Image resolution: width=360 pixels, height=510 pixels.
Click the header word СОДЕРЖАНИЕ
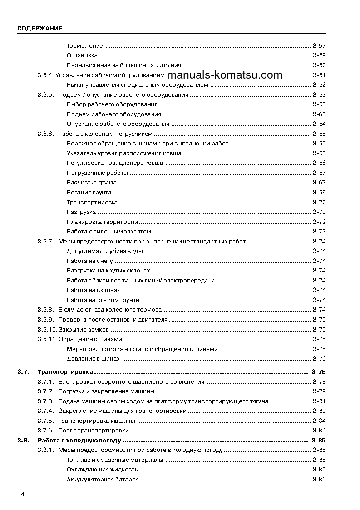pos(40,28)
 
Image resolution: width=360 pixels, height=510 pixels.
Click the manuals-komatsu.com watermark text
pos(225,75)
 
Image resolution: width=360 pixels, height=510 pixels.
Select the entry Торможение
pos(85,46)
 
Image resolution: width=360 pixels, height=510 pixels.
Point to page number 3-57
pos(319,46)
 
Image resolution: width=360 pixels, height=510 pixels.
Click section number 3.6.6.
pos(46,134)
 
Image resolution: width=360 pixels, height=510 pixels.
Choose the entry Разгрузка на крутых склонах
pos(108,271)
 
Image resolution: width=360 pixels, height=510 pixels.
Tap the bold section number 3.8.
pos(23,441)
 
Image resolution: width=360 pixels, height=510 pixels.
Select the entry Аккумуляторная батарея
pos(103,480)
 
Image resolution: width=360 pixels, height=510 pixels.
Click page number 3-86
pos(319,480)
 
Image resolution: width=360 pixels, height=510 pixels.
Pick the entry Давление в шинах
pos(93,359)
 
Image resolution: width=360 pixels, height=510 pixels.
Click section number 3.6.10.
pos(47,330)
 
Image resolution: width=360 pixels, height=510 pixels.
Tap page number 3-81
pos(319,401)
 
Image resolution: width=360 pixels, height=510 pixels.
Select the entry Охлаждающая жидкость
pos(102,470)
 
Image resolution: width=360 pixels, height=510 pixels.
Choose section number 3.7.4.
pos(46,411)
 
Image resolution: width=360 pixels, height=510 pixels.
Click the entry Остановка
pos(82,55)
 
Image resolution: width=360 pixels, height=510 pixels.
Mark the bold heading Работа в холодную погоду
pos(79,441)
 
